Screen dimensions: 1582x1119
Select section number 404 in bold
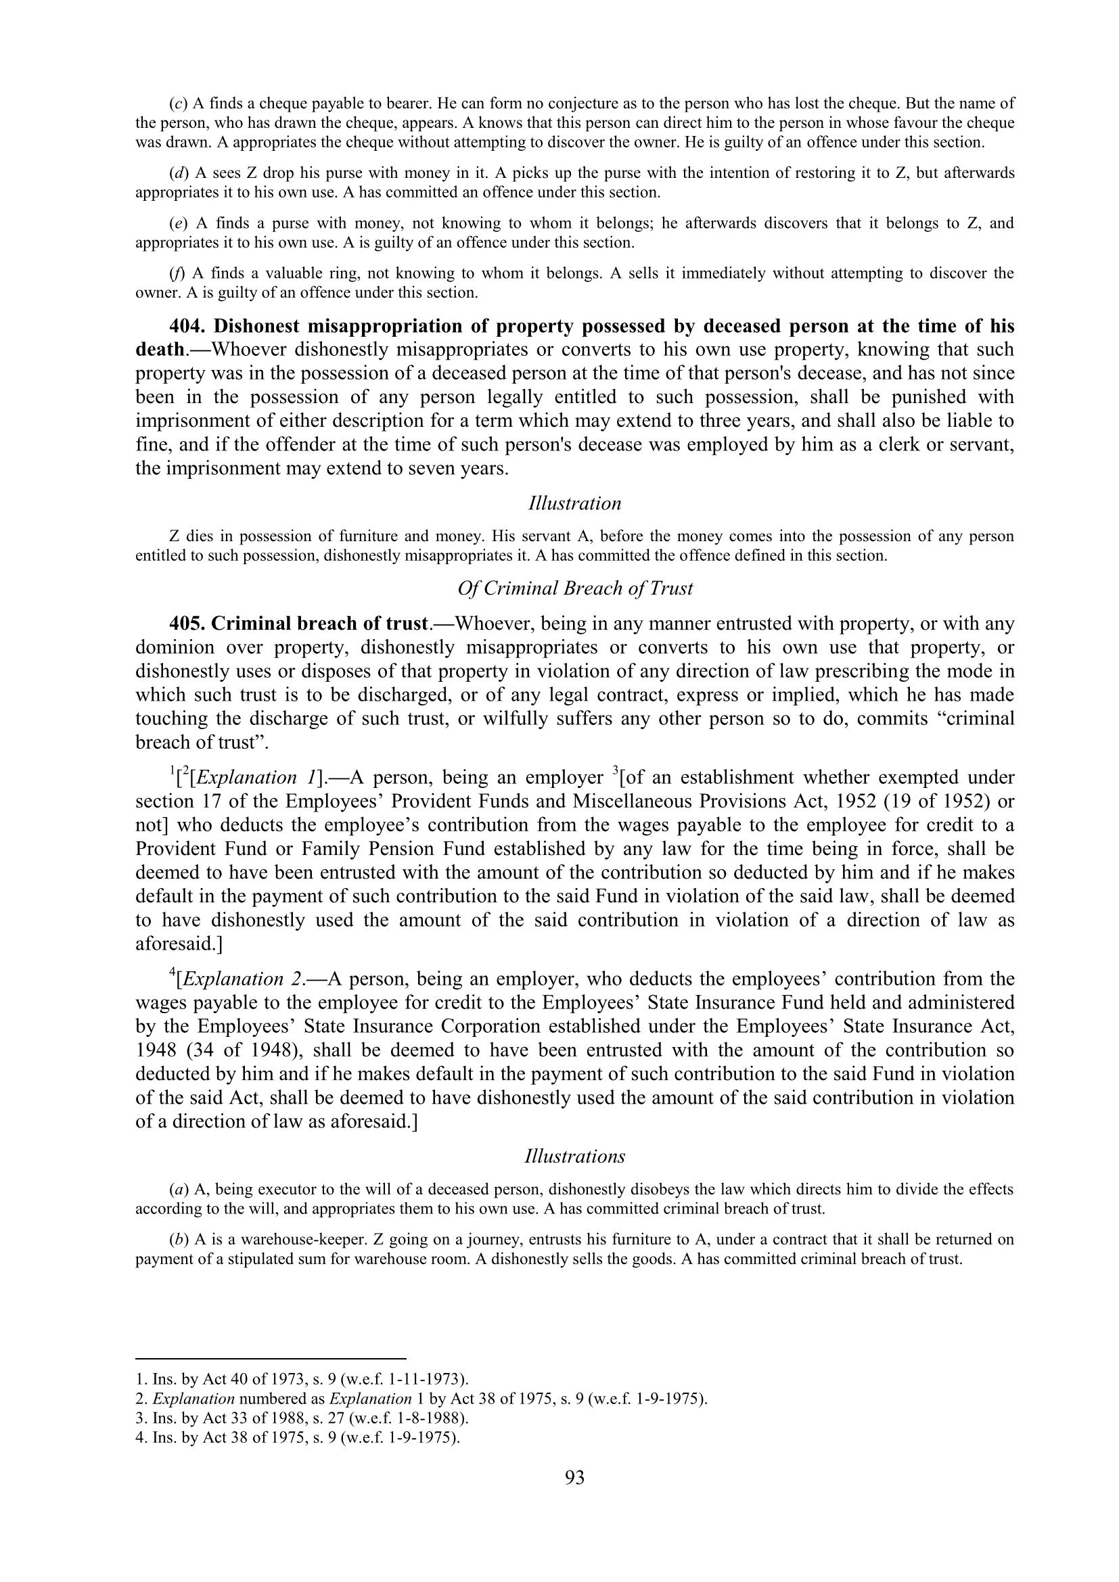click(186, 326)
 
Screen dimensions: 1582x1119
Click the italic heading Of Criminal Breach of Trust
click(574, 588)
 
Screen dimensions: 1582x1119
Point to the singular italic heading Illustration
click(574, 504)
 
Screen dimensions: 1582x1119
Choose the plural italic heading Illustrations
click(574, 1156)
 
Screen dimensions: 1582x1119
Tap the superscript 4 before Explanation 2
click(173, 973)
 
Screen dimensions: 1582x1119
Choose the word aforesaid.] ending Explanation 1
click(179, 944)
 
